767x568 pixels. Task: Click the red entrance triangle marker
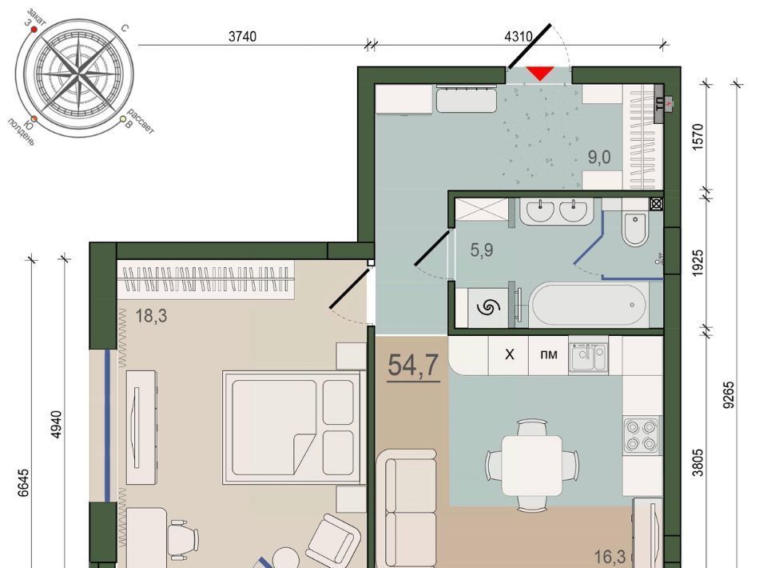[540, 74]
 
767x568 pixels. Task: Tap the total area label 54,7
[413, 366]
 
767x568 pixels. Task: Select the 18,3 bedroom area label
[151, 316]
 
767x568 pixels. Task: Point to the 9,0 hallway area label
[599, 157]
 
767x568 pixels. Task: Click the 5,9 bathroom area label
[482, 250]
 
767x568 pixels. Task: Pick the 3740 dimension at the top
[243, 36]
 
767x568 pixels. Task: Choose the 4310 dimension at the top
[518, 36]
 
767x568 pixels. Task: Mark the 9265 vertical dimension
[729, 394]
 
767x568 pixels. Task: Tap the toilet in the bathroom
[635, 229]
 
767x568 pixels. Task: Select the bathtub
[589, 305]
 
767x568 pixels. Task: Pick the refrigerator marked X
[509, 354]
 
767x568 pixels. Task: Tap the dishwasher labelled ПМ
[549, 354]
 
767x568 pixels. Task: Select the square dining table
[532, 465]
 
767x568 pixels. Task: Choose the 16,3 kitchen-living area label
[610, 557]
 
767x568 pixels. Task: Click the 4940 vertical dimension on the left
[57, 425]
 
